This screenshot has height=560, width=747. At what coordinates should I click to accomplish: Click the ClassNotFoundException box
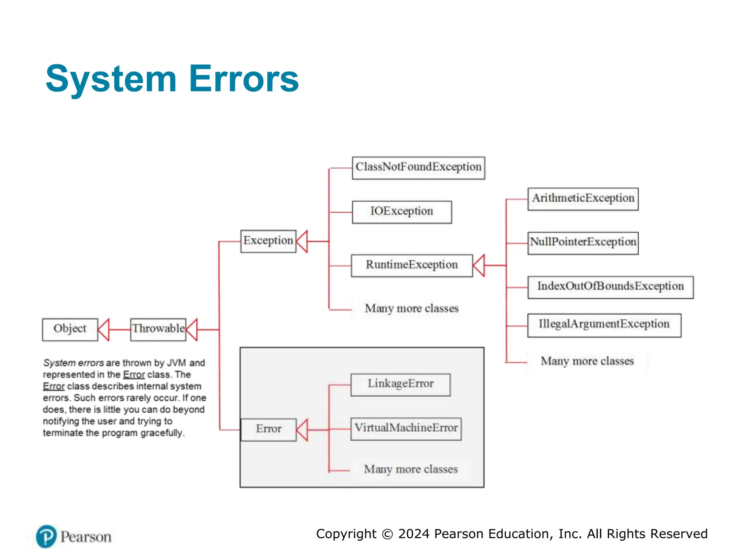tap(418, 168)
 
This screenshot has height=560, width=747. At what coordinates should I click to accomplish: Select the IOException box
tap(402, 212)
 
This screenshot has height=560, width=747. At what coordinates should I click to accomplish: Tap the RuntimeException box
tap(412, 265)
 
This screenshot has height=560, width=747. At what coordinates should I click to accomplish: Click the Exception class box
tap(268, 241)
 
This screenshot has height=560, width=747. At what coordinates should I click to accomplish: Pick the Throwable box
tap(158, 329)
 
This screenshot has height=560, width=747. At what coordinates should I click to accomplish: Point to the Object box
tap(70, 329)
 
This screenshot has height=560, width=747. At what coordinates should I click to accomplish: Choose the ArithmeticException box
tap(583, 199)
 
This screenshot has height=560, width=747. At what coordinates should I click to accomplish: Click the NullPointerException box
tap(583, 243)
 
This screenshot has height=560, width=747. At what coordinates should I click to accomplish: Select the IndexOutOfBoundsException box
tap(610, 287)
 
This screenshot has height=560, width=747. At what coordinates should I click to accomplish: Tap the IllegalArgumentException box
tap(604, 325)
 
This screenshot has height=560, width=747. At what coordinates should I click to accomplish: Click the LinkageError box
tap(400, 384)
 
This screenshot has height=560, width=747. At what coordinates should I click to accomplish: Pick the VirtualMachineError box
tap(406, 429)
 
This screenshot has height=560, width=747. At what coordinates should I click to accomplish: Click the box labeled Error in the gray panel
tap(268, 429)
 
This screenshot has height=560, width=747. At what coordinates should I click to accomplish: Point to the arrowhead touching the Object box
tap(104, 330)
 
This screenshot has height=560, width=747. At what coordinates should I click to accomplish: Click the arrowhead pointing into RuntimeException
tap(479, 265)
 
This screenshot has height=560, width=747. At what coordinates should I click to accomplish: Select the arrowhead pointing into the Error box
tap(302, 430)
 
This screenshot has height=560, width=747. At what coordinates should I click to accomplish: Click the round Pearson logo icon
tap(46, 536)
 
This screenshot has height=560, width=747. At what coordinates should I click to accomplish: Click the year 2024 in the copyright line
tap(414, 534)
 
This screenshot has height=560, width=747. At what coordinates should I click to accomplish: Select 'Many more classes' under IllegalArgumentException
tap(587, 361)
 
